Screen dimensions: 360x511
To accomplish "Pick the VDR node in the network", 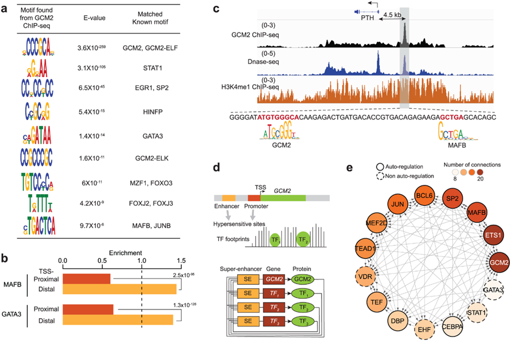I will (366, 274).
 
